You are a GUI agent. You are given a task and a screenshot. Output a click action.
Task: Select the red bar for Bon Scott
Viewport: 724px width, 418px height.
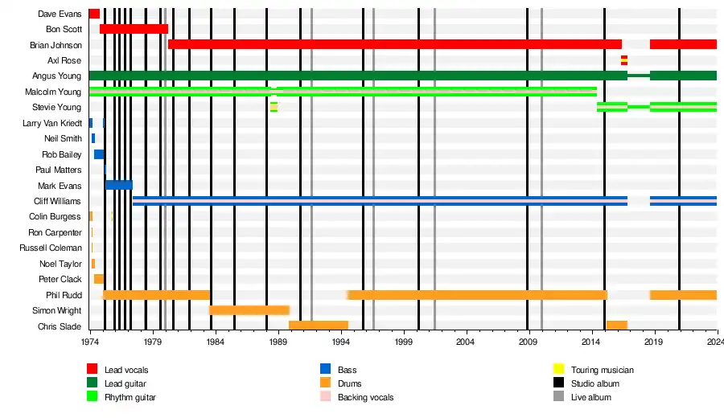coord(134,29)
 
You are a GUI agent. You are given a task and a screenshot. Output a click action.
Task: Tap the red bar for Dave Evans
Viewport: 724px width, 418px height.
coord(94,14)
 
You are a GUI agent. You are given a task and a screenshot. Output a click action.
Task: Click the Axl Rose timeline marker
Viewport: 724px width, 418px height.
coord(623,60)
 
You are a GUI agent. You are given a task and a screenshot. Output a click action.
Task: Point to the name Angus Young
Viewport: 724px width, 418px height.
coord(57,76)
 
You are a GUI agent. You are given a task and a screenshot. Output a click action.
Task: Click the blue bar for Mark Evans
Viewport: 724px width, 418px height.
coord(119,185)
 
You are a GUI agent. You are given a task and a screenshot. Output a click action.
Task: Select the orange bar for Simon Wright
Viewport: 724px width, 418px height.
coord(249,310)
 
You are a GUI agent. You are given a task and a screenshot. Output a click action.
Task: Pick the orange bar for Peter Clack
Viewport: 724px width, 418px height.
coord(99,279)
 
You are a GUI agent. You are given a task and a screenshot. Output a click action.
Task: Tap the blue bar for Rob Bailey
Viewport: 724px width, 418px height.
coord(99,154)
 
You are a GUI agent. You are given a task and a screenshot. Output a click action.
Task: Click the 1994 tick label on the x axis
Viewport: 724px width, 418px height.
coord(340,342)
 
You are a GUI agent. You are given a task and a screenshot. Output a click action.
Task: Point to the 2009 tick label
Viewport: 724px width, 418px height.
coord(528,342)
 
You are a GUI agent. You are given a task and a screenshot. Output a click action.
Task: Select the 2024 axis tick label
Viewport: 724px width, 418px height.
coord(715,342)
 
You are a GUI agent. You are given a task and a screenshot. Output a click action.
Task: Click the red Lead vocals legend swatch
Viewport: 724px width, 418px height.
coord(93,370)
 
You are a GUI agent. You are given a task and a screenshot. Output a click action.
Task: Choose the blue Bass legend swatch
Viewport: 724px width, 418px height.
coord(325,370)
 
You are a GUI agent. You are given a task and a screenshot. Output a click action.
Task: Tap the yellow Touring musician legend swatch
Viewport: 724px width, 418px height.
coord(557,370)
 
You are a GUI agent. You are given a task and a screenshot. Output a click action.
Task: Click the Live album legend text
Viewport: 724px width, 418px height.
coord(590,397)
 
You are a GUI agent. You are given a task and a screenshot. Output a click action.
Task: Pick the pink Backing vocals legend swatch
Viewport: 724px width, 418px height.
coord(325,397)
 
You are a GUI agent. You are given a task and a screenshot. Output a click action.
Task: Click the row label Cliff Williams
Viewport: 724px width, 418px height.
coord(57,201)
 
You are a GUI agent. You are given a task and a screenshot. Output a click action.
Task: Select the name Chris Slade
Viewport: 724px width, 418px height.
coord(60,326)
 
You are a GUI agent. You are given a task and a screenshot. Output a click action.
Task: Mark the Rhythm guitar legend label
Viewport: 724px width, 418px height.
coord(130,397)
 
